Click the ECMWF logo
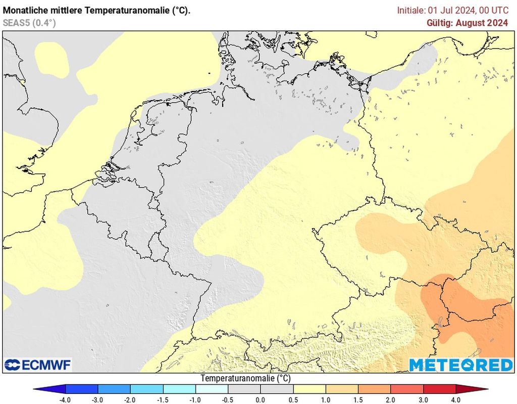(x=38, y=365)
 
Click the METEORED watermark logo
(x=460, y=365)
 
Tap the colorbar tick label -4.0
(x=65, y=399)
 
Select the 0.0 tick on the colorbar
(x=261, y=399)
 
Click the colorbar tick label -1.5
(x=163, y=399)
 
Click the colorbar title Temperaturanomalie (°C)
(x=245, y=378)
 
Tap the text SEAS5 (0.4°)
(x=29, y=23)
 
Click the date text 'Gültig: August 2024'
(x=467, y=23)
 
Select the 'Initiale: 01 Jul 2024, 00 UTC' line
(x=452, y=10)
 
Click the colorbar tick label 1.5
(x=358, y=399)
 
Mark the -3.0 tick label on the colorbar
(x=97, y=399)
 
